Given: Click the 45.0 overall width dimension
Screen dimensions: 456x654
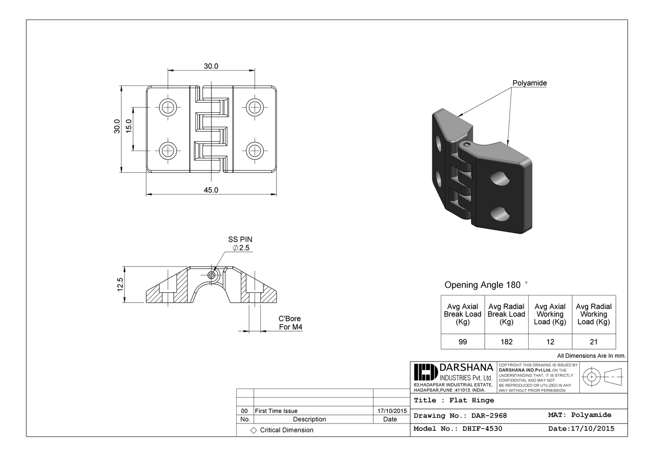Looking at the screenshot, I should (211, 190).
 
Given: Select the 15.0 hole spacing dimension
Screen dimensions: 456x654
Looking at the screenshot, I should (129, 125).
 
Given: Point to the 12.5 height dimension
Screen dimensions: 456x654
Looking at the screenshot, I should (120, 285).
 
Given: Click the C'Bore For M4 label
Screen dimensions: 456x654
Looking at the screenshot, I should (290, 323).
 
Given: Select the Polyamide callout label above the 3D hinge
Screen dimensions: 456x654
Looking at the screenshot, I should (530, 83).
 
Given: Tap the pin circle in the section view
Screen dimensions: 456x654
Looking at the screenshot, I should (211, 275).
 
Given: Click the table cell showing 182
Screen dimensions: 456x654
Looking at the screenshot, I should (506, 342).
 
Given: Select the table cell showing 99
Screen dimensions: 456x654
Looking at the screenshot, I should (463, 342).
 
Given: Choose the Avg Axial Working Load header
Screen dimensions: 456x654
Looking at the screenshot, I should (550, 314).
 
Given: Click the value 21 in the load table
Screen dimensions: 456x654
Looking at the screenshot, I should (594, 342).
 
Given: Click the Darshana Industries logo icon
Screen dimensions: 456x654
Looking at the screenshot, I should (424, 372).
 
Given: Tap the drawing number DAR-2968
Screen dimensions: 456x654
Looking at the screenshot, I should (489, 415).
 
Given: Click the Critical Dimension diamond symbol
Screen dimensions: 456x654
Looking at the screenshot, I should (253, 430).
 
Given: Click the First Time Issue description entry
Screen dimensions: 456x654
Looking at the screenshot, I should (276, 411).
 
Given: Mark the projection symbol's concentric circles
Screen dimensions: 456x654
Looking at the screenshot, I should (592, 376).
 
